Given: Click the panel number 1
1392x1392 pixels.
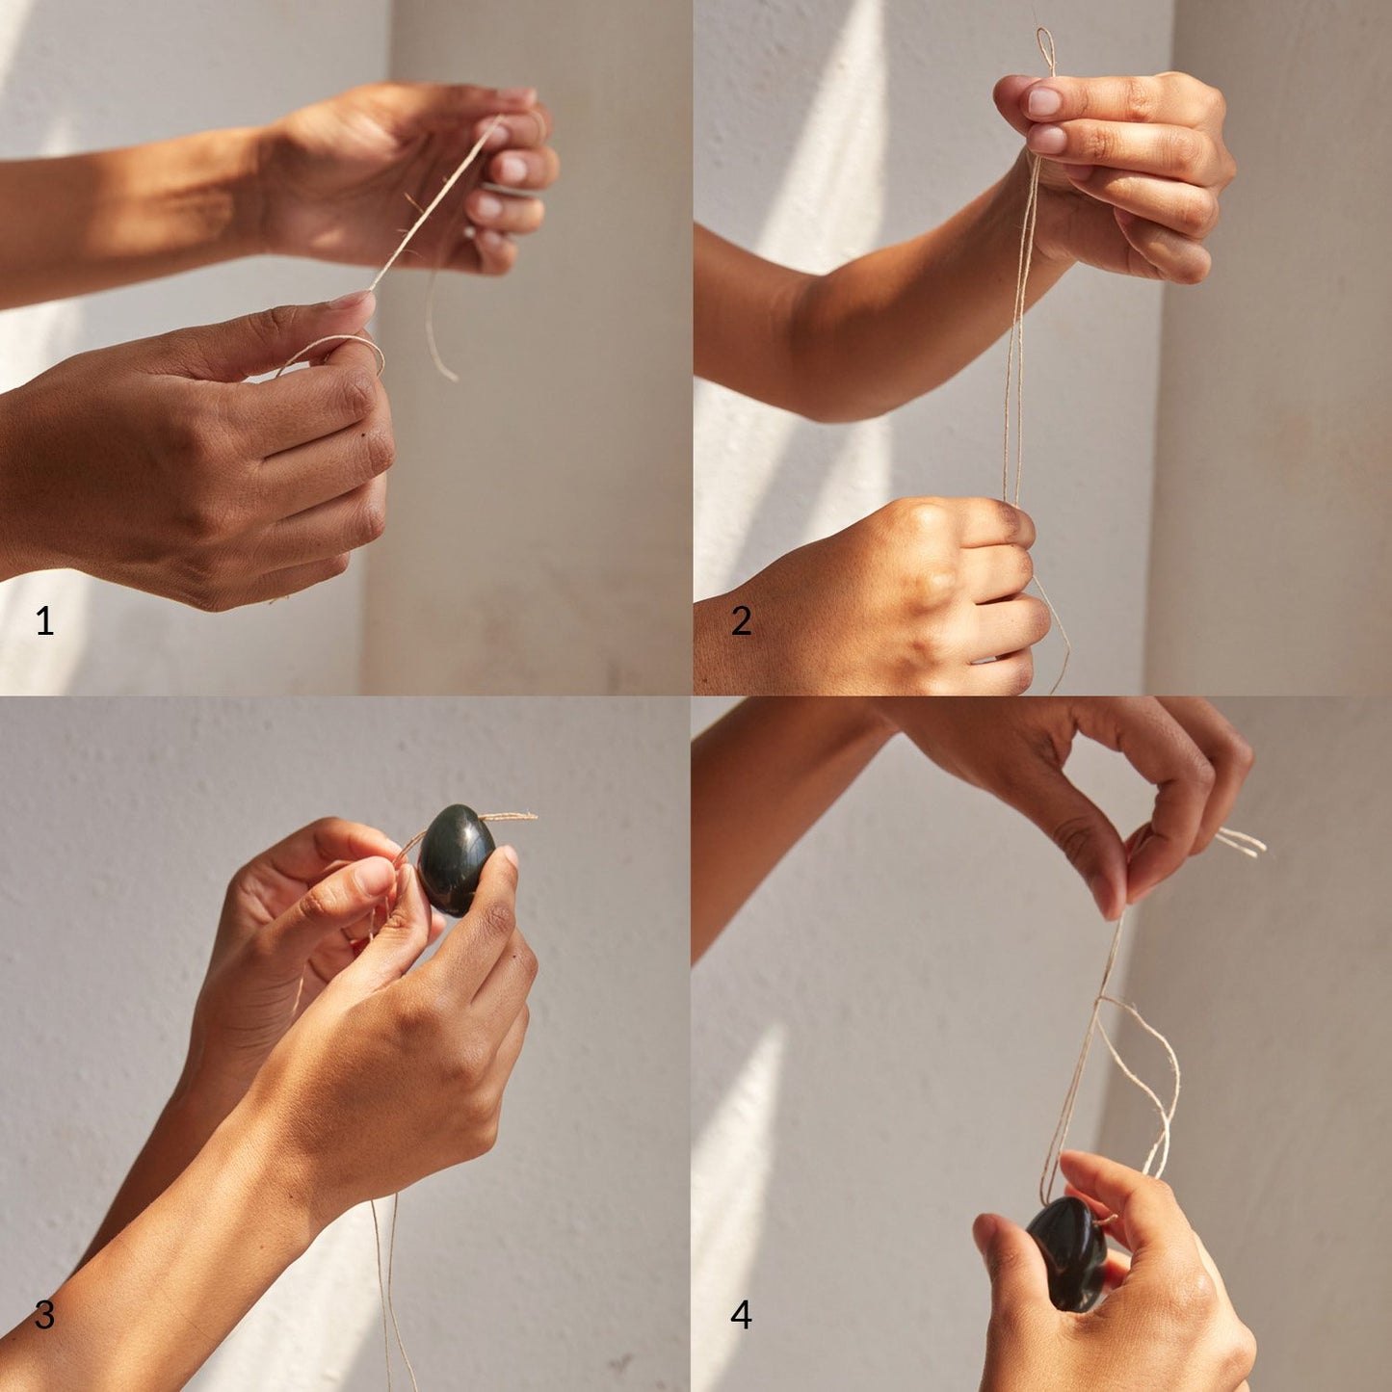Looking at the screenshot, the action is pos(44,620).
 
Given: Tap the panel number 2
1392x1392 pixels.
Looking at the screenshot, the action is pos(741,620).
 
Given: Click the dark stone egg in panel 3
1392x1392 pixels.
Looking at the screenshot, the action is pos(457,859).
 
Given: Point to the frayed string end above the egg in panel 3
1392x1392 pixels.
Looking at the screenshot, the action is pos(510,816).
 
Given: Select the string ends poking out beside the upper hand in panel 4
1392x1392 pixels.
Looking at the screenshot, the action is pos(1240,842).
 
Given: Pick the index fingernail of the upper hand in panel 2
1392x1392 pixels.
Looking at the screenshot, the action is pos(1044,102).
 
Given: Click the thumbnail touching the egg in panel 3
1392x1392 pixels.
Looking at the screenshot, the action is pos(510,856).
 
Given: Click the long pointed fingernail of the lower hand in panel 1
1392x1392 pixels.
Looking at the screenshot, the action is pos(353,301).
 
